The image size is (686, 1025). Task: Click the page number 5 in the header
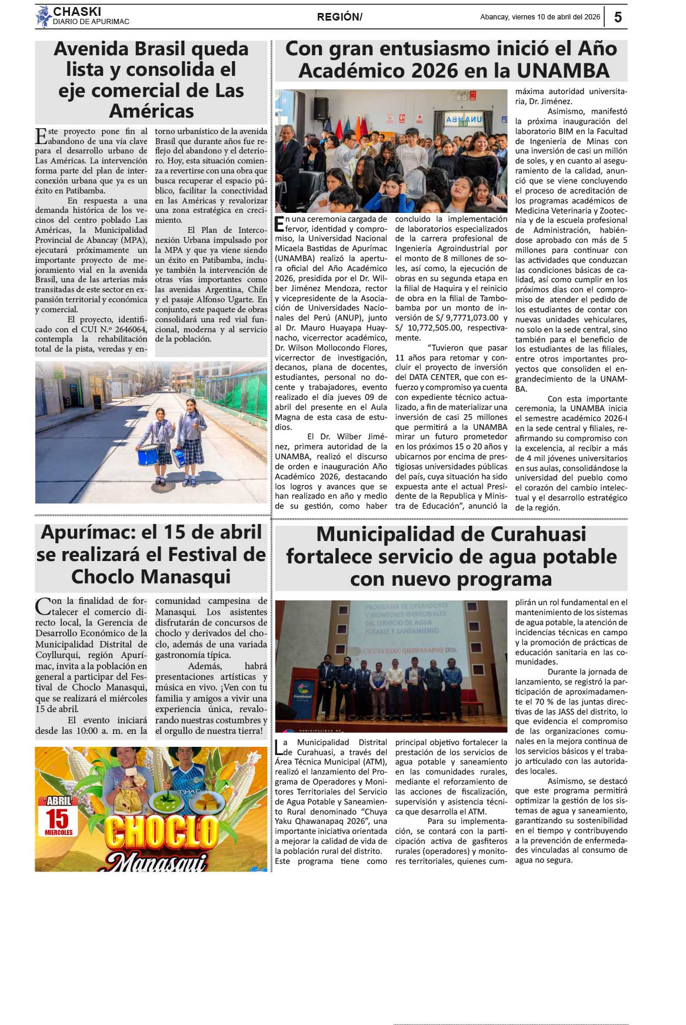(x=618, y=17)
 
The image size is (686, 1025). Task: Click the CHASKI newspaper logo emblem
(x=44, y=16)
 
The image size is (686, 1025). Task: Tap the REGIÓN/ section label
(x=339, y=17)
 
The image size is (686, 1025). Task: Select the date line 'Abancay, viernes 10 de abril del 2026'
(x=540, y=17)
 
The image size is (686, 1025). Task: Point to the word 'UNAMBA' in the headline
(x=563, y=71)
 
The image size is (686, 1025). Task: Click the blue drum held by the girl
(x=147, y=455)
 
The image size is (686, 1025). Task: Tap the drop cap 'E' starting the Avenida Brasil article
(x=41, y=136)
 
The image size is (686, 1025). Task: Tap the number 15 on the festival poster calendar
(x=58, y=818)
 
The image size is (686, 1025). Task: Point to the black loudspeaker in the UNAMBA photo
(x=321, y=109)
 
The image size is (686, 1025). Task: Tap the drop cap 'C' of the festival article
(x=42, y=606)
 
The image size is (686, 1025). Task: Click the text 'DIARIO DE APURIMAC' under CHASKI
(x=91, y=22)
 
